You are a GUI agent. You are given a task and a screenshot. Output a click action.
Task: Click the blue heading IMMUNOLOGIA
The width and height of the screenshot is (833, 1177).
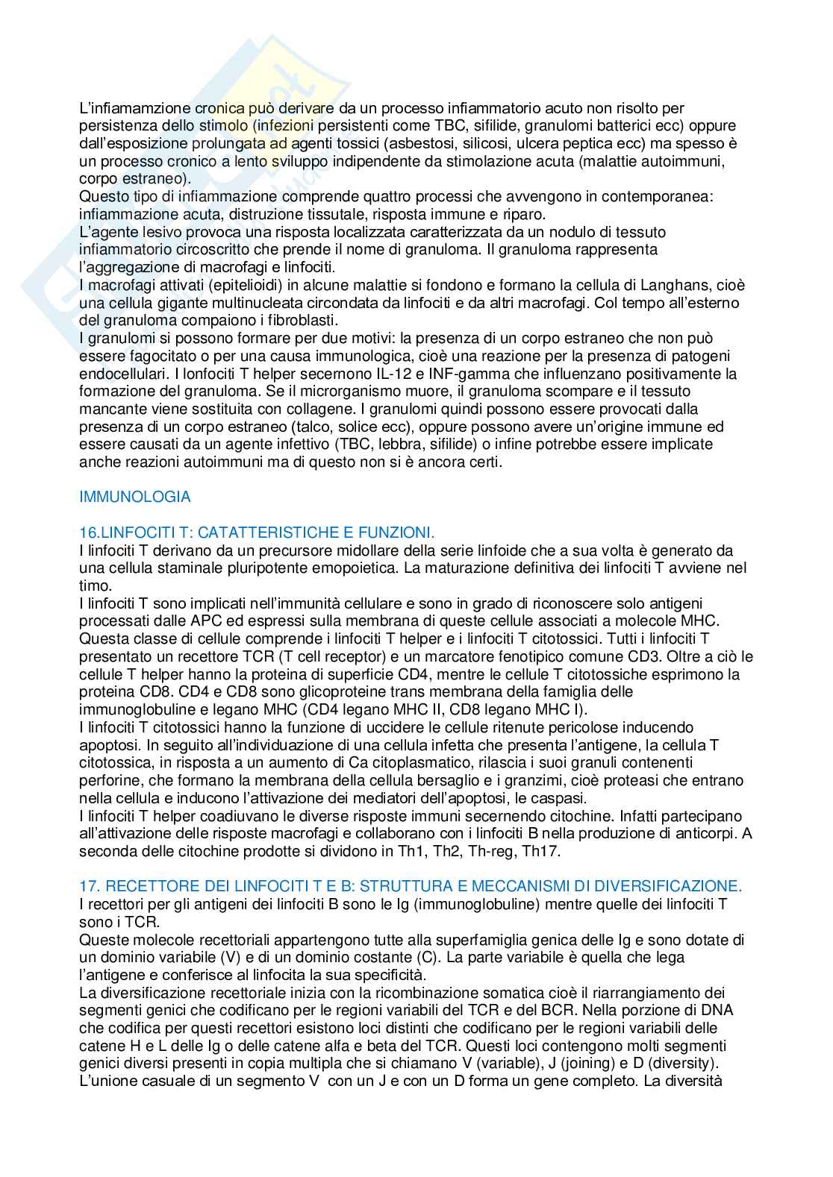click(135, 497)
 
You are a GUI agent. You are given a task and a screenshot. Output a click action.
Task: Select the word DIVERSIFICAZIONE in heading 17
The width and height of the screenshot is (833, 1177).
click(664, 886)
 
